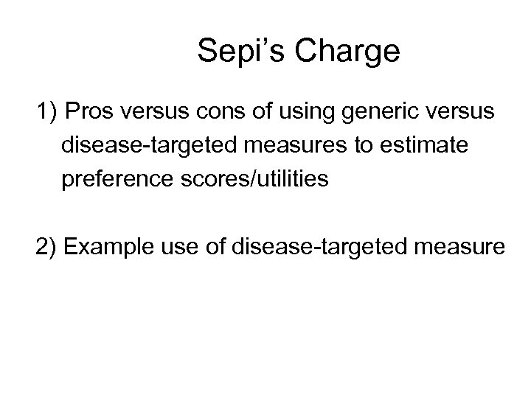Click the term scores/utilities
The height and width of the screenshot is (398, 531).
(x=251, y=179)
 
